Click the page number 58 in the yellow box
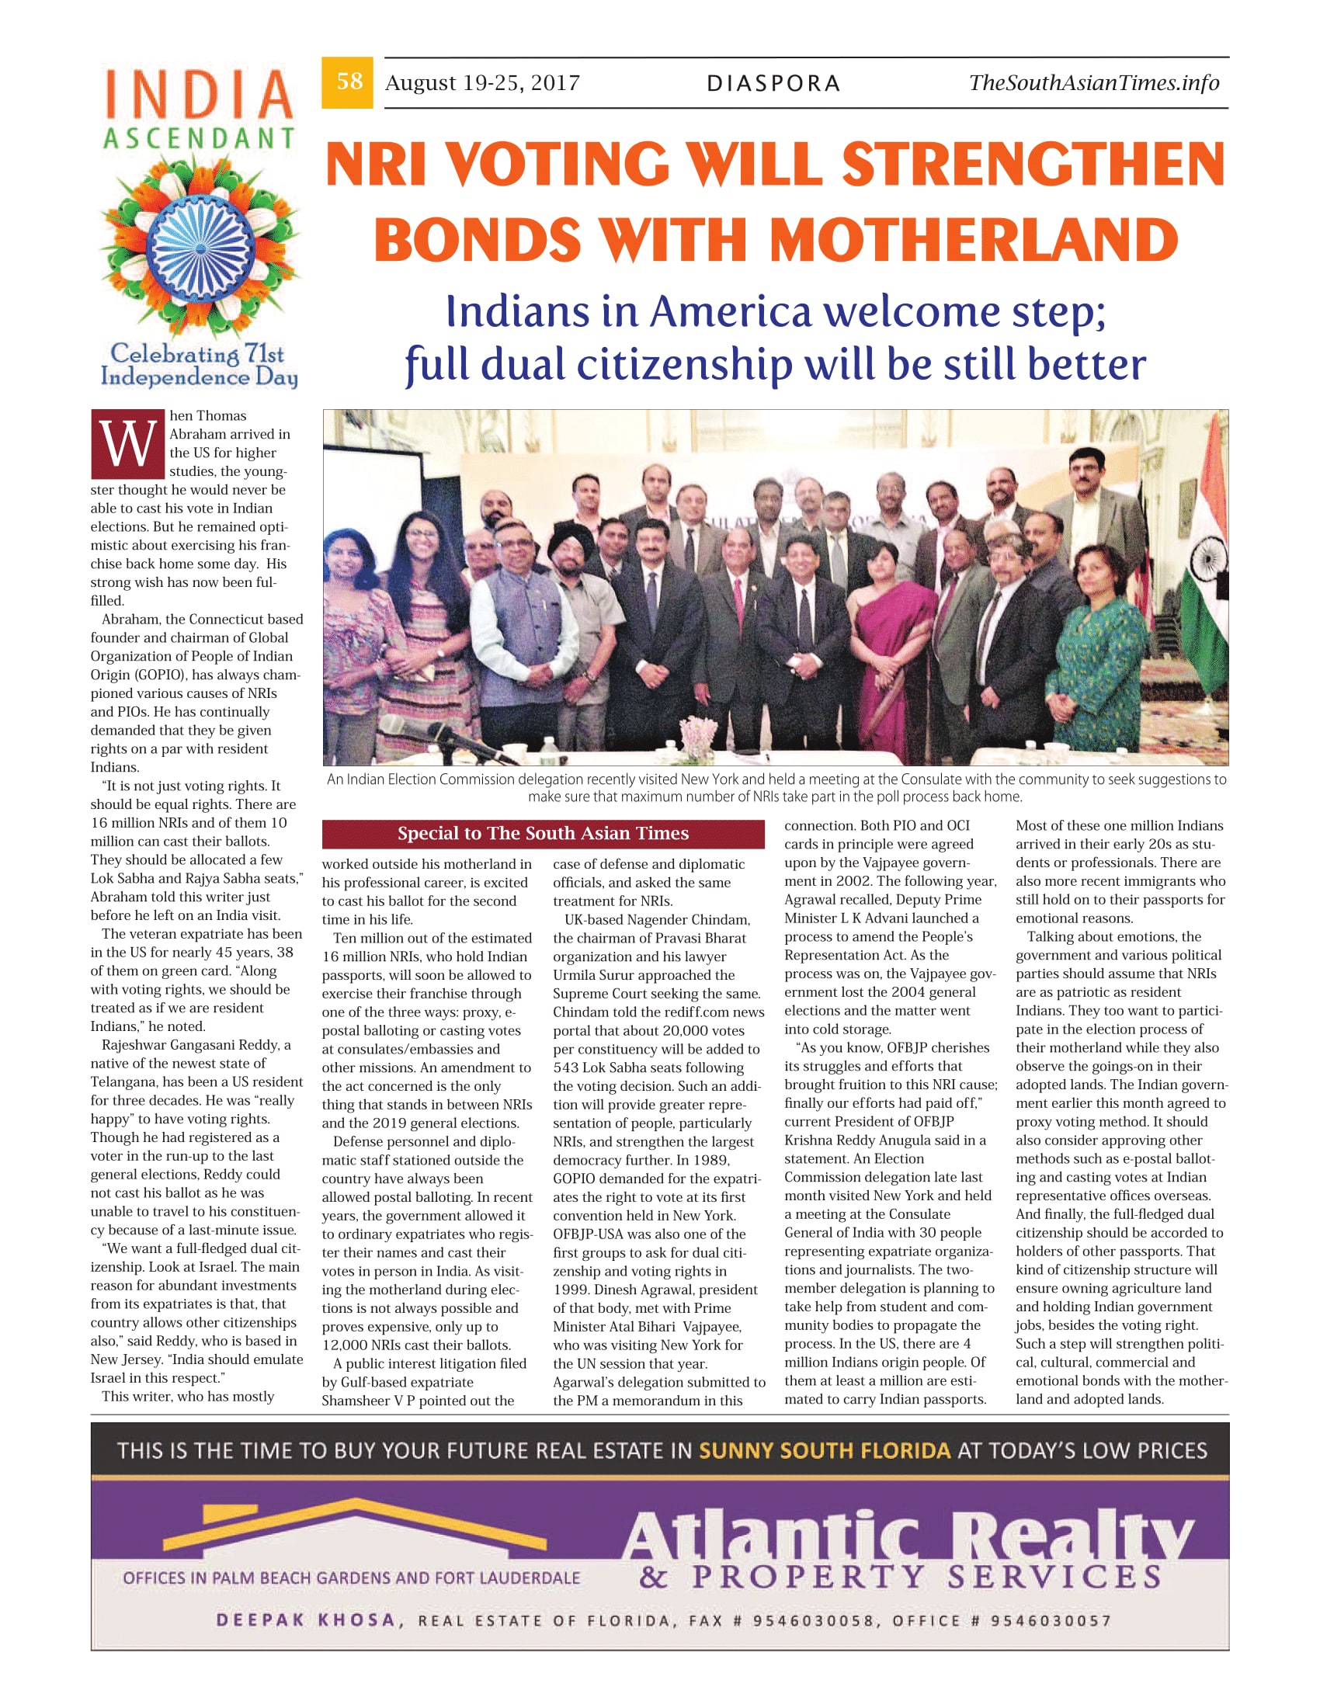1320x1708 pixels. pos(349,82)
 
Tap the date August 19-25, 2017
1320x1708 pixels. pos(481,83)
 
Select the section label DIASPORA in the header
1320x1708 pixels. pos(773,84)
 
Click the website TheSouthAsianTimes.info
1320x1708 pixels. pos(1093,82)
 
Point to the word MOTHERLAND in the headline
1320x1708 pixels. pos(974,239)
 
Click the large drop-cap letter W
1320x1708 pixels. pos(127,443)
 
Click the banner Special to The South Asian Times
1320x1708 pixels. pos(543,834)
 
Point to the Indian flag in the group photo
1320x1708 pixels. pos(1205,547)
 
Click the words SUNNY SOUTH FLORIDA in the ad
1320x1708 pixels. pos(824,1452)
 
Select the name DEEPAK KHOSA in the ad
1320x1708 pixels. pos(306,1620)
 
